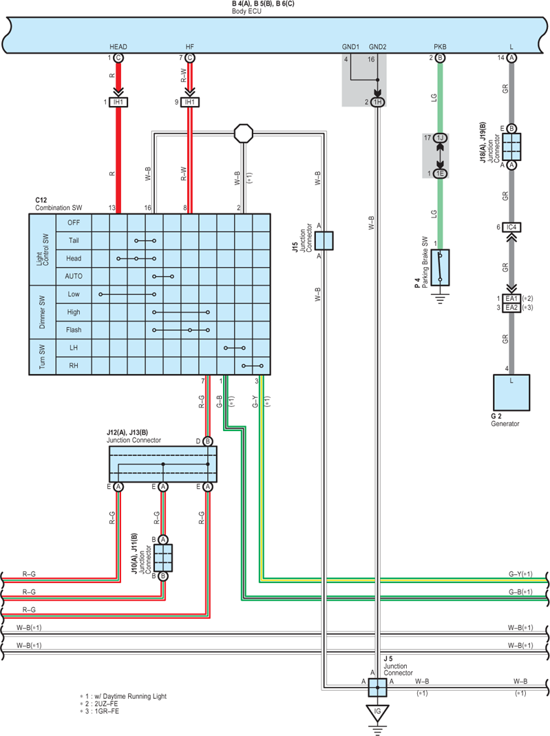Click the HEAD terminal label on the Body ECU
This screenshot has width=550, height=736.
pyautogui.click(x=118, y=46)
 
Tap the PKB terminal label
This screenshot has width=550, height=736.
pyautogui.click(x=440, y=46)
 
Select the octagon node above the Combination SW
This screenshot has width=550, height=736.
pyautogui.click(x=244, y=134)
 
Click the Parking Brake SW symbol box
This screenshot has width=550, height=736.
pyautogui.click(x=440, y=268)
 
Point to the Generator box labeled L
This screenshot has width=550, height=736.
pyautogui.click(x=511, y=392)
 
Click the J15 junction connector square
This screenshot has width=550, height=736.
pyautogui.click(x=324, y=241)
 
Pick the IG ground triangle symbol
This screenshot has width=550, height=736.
pyautogui.click(x=377, y=713)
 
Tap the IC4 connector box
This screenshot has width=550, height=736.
pyautogui.click(x=511, y=227)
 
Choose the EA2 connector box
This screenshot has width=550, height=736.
pyautogui.click(x=511, y=308)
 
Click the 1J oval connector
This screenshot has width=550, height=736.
pyautogui.click(x=440, y=138)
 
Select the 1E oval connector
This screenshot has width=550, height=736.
pyautogui.click(x=440, y=174)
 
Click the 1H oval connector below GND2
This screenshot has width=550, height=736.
pyautogui.click(x=377, y=103)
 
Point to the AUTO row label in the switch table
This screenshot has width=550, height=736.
pyautogui.click(x=74, y=276)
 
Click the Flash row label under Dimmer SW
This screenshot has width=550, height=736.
pyautogui.click(x=74, y=330)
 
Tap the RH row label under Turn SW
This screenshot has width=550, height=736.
pyautogui.click(x=74, y=365)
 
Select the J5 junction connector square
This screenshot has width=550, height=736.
pyautogui.click(x=377, y=687)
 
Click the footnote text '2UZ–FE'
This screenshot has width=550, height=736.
pyautogui.click(x=106, y=704)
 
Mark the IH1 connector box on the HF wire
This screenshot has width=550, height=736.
pyautogui.click(x=189, y=102)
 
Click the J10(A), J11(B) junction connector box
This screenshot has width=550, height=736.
pyautogui.click(x=163, y=558)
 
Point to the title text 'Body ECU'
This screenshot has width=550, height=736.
pyautogui.click(x=246, y=11)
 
